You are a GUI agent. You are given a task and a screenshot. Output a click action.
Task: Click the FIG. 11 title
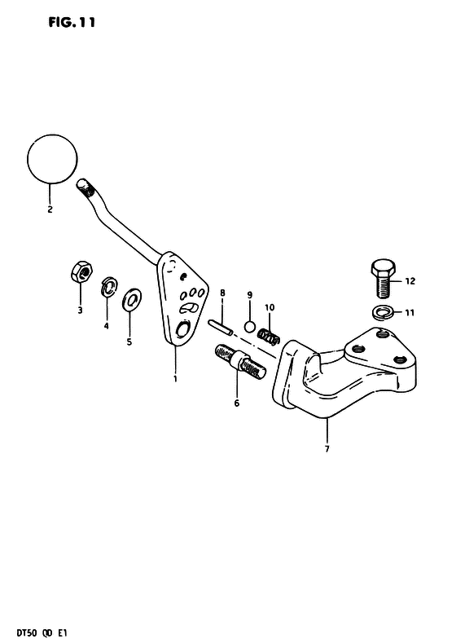point(72,23)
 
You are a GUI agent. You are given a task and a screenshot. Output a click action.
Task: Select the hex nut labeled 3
point(81,271)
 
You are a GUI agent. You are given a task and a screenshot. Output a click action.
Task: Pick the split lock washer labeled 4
point(107,288)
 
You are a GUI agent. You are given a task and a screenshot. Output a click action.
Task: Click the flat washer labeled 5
point(132,299)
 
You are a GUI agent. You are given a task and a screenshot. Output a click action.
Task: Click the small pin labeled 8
point(221,328)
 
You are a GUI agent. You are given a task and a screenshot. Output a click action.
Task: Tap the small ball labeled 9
point(249,327)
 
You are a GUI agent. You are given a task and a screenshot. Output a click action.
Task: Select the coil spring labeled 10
point(269,336)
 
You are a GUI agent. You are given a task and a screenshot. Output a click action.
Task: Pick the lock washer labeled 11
point(384,313)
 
